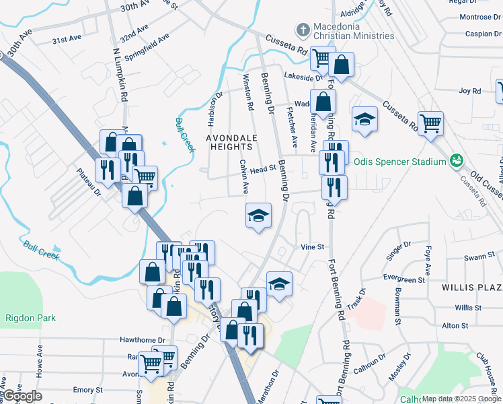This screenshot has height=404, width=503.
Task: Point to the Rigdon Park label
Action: (30, 318)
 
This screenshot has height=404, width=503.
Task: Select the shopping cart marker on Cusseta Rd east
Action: (430, 123)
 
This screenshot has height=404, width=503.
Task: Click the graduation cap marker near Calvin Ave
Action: (258, 215)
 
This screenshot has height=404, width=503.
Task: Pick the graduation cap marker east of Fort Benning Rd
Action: (364, 119)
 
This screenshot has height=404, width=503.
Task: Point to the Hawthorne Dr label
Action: (142, 341)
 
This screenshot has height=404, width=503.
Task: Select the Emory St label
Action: (87, 390)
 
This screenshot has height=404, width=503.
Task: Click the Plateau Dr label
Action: (88, 182)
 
